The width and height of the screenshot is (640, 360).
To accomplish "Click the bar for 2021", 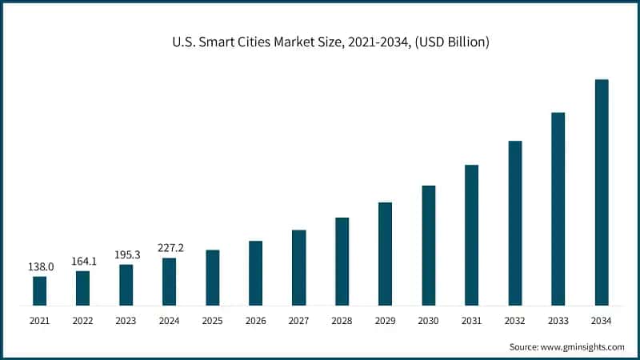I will (39, 290).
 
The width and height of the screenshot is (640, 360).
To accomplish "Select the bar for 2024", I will (169, 282).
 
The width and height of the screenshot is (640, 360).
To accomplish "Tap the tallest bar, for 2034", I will (601, 192).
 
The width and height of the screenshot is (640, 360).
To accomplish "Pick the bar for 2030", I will (429, 245).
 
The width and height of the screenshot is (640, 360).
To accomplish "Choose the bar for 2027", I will (298, 267).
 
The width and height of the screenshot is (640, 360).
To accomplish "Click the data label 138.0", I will (39, 266).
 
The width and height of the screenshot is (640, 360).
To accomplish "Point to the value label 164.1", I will (82, 261).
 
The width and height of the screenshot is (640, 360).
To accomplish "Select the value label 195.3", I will (126, 254).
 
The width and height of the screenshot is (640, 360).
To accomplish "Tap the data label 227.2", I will (169, 248).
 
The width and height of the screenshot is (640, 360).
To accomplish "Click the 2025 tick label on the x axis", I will (212, 321).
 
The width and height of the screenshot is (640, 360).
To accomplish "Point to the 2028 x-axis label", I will (342, 321).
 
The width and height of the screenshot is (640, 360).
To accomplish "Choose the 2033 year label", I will (558, 321).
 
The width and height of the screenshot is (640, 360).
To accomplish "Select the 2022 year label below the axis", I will (82, 321).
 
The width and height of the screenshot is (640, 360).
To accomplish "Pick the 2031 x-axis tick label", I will (471, 321).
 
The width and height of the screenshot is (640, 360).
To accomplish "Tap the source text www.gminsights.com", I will (566, 347).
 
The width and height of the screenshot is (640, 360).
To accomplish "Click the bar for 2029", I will (385, 254).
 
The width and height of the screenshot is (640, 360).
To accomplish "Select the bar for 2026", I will (255, 273).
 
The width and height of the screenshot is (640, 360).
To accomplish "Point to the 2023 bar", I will (126, 285).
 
